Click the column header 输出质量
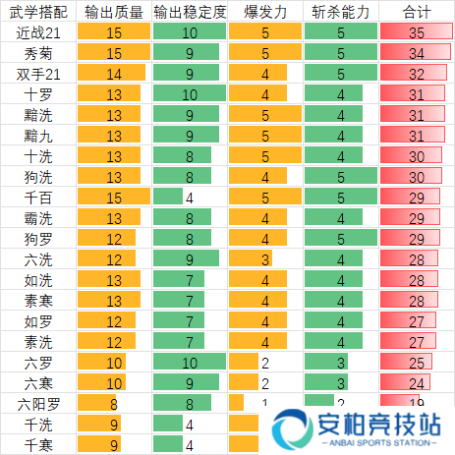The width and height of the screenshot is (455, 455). coord(113,12)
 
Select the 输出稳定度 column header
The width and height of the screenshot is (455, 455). coord(190,12)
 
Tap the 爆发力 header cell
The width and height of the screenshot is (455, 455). coord(265,12)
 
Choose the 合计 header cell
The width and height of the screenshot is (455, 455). coord(417,12)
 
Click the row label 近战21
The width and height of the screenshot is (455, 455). coord(38,32)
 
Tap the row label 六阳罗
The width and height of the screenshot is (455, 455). coord(38,403)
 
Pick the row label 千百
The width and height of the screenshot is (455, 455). coord(38,198)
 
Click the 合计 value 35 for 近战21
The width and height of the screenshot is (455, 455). coord(417,32)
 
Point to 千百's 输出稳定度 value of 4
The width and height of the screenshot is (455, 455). coord(190,198)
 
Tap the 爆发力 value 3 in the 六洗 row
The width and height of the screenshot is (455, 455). coord(265,259)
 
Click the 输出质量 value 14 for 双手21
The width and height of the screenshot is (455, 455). coord(113,74)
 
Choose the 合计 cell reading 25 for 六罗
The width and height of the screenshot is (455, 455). coord(417,363)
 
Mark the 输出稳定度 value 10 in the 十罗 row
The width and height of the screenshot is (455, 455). coord(190,94)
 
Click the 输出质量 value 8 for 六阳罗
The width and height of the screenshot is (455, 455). coord(113,403)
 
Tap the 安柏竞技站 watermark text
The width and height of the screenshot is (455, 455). coord(379,425)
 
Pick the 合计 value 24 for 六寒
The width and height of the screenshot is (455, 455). coord(417,383)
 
